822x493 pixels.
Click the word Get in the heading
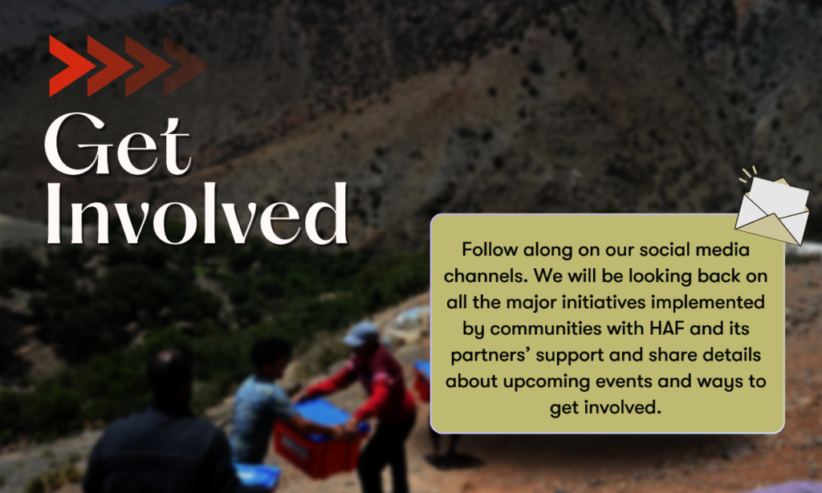[117, 144]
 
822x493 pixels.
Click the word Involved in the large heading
[197, 214]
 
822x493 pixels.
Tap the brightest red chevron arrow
[71, 66]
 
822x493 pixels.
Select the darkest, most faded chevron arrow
[186, 66]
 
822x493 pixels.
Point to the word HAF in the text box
[667, 328]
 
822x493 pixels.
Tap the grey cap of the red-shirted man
[360, 333]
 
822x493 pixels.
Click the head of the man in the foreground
[169, 376]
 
